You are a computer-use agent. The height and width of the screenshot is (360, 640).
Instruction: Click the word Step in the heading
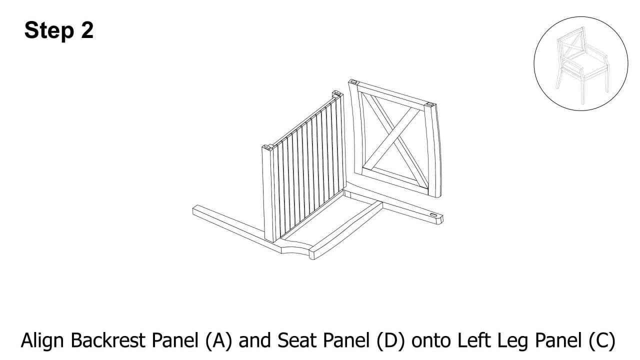coord(49,30)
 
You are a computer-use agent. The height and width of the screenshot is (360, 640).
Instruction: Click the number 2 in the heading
coord(87,30)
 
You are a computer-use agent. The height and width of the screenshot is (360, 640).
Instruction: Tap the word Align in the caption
coord(42,341)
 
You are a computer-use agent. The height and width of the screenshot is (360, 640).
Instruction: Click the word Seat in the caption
coord(294,340)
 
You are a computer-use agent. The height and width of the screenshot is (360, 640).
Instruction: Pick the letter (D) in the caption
coord(390,341)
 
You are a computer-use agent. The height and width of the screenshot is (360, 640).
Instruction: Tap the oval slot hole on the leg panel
coord(433,215)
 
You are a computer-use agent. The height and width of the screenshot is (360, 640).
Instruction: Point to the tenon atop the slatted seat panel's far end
coord(336,93)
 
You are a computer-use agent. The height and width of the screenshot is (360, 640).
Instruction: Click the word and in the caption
coord(254,340)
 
